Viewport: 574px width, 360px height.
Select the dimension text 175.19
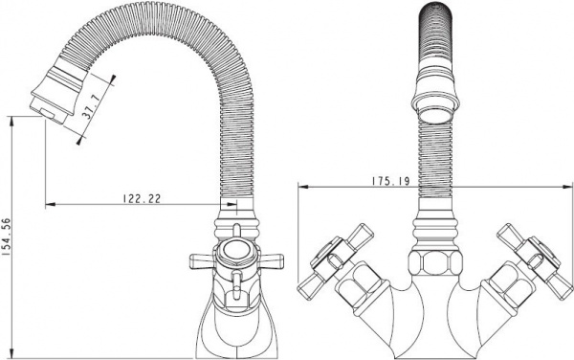point(386,179)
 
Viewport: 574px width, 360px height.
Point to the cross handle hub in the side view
point(234,255)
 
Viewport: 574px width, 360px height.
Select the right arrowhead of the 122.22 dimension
point(223,203)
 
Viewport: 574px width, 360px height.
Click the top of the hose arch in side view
point(167,34)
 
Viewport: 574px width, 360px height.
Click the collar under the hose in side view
point(234,230)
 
